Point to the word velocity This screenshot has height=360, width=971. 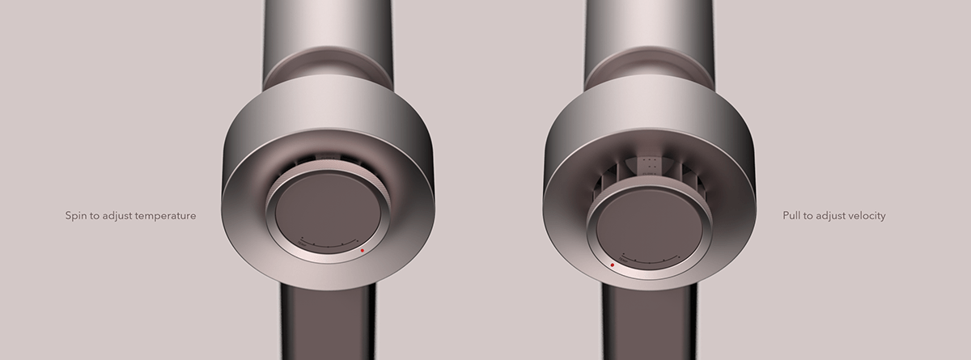pos(866,216)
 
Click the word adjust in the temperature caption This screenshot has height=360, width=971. pos(117,217)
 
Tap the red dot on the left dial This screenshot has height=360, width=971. pos(363,251)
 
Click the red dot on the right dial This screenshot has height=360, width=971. pos(613,265)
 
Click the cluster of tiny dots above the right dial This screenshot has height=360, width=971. pos(649,165)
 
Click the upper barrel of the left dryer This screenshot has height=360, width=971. pos(328,28)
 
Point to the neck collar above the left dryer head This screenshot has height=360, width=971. pos(328,69)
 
